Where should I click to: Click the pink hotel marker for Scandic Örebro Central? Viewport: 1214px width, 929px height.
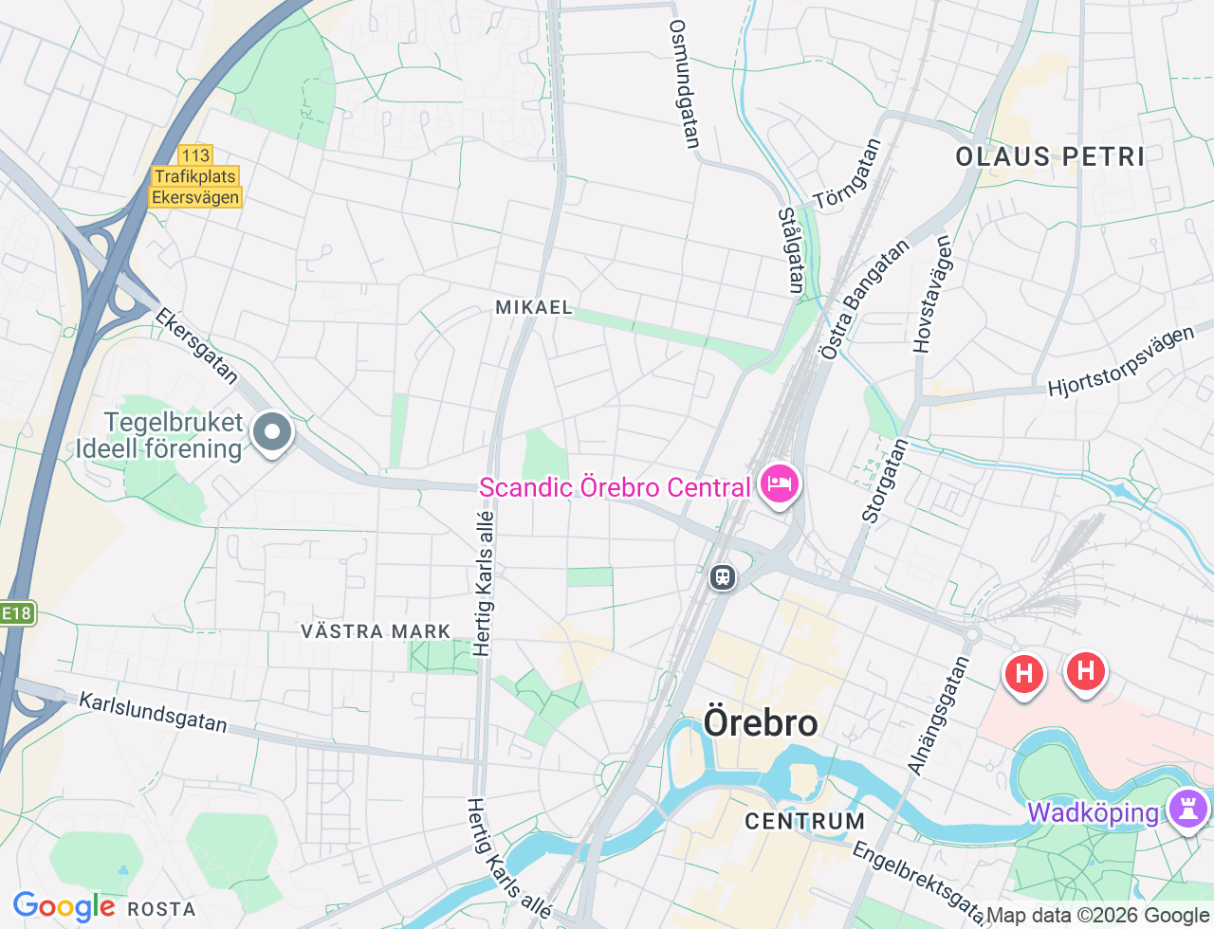point(779,484)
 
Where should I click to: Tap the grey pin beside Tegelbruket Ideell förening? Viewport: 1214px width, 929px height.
point(272,433)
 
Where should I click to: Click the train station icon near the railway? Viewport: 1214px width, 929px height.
point(723,576)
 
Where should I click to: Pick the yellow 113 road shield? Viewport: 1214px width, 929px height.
point(195,155)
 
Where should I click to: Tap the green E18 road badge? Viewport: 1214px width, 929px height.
point(16,613)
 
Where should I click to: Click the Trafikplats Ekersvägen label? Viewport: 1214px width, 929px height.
point(196,187)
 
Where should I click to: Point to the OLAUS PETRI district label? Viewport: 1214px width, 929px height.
point(1050,156)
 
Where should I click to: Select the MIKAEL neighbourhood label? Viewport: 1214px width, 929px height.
point(534,307)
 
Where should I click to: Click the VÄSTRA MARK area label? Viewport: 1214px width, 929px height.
point(376,631)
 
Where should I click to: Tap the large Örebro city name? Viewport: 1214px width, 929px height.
point(761,723)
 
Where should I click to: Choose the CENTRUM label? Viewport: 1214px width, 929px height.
point(804,821)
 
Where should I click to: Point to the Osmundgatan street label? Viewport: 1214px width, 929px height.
point(684,84)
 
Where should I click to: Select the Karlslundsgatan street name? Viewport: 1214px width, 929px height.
point(153,712)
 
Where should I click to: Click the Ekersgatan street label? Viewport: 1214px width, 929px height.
point(197,346)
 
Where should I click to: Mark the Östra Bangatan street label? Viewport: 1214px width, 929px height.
point(864,300)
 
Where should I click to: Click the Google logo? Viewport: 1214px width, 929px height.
point(64,907)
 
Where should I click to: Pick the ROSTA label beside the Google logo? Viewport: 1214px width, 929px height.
point(161,909)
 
